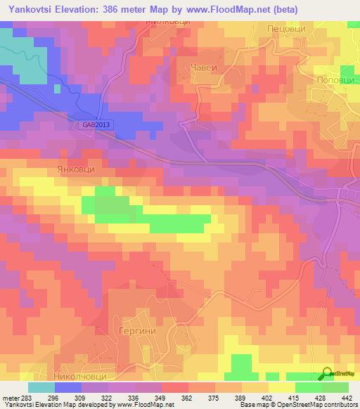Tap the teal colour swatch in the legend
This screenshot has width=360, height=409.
(41, 387)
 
